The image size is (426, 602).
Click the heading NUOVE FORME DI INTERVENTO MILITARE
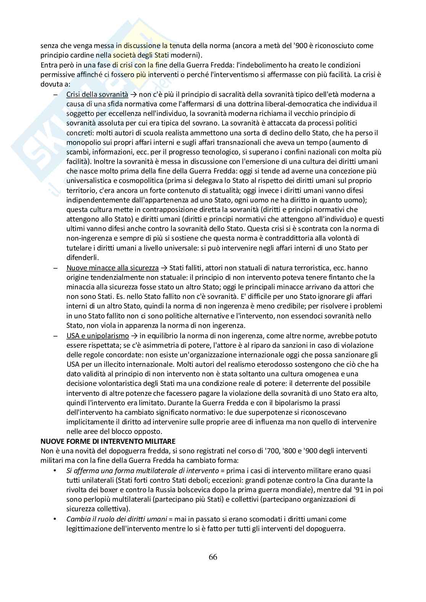(x=108, y=441)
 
